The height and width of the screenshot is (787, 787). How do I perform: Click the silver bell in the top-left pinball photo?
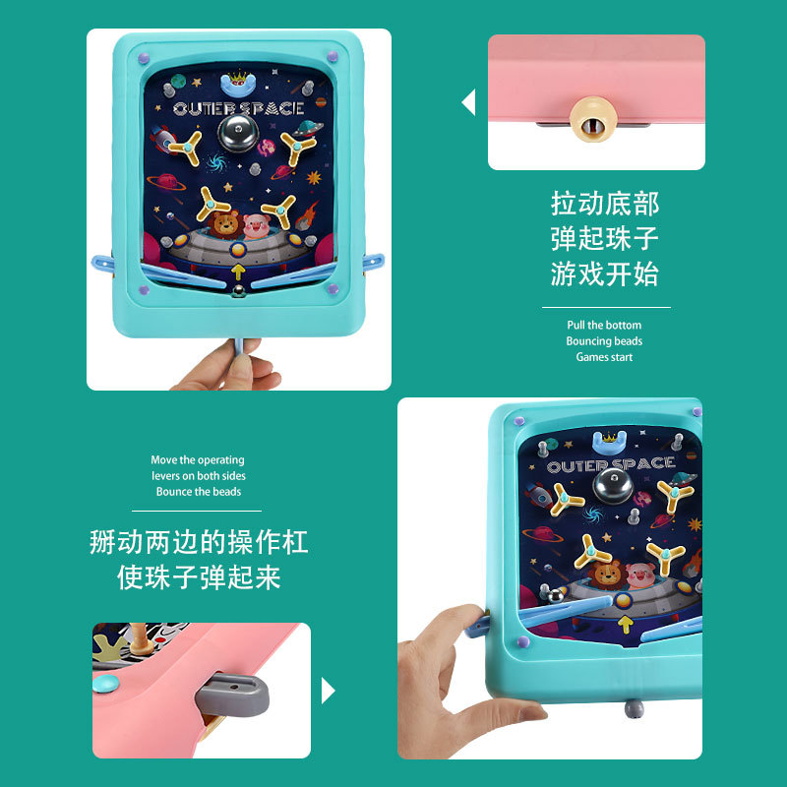[238, 133]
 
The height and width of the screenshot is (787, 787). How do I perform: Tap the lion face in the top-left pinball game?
[224, 224]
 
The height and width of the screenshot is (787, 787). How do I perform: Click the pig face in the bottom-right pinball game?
[641, 575]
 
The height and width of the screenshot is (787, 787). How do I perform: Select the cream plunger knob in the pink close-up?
[592, 120]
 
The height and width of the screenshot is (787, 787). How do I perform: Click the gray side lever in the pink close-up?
[232, 696]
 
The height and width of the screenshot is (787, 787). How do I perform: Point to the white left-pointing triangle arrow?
[468, 102]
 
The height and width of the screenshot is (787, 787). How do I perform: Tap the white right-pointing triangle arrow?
[329, 691]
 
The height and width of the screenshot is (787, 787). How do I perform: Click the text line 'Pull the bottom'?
[604, 325]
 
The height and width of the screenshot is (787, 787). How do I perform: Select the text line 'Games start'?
[604, 357]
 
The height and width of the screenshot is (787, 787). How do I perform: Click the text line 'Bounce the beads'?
[199, 491]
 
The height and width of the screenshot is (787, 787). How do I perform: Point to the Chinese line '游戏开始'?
[604, 274]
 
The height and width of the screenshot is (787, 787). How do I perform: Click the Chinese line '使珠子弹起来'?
[199, 577]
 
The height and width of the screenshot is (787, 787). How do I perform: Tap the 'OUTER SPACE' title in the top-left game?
[239, 108]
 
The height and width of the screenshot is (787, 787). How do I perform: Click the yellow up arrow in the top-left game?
[238, 272]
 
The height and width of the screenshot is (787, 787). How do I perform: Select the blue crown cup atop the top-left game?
[238, 84]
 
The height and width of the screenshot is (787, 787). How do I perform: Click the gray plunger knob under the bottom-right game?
[634, 708]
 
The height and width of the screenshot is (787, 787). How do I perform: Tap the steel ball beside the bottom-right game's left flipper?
[555, 596]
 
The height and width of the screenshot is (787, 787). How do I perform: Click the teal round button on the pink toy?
[106, 683]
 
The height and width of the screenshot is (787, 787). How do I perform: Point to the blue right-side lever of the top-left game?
[374, 263]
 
